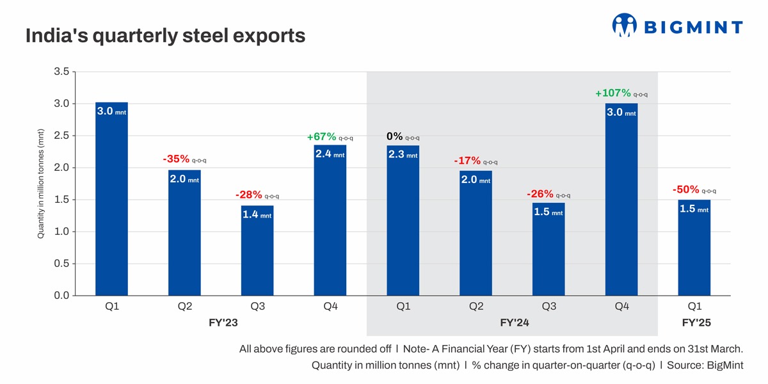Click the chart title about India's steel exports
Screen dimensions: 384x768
tap(165, 36)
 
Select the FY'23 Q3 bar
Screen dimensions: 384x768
tap(257, 250)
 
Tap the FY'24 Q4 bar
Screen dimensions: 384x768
tap(621, 199)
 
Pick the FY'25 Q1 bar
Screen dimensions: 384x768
tap(694, 247)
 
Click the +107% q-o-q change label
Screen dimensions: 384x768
tap(621, 94)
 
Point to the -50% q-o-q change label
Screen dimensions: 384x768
tap(694, 190)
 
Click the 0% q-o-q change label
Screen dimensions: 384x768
tap(403, 137)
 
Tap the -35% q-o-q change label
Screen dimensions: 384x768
tap(184, 159)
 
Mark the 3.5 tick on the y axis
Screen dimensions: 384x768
tap(61, 72)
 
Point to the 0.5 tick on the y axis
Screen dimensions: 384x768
tap(61, 264)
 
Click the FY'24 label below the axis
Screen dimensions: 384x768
tap(515, 323)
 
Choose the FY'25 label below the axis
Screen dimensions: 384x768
tap(696, 323)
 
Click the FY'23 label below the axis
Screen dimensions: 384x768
tap(223, 323)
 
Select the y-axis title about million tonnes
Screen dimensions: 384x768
tap(40, 184)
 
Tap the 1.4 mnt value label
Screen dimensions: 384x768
tap(257, 215)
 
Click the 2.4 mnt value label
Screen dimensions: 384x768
tap(330, 154)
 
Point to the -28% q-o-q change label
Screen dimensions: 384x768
tap(257, 195)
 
